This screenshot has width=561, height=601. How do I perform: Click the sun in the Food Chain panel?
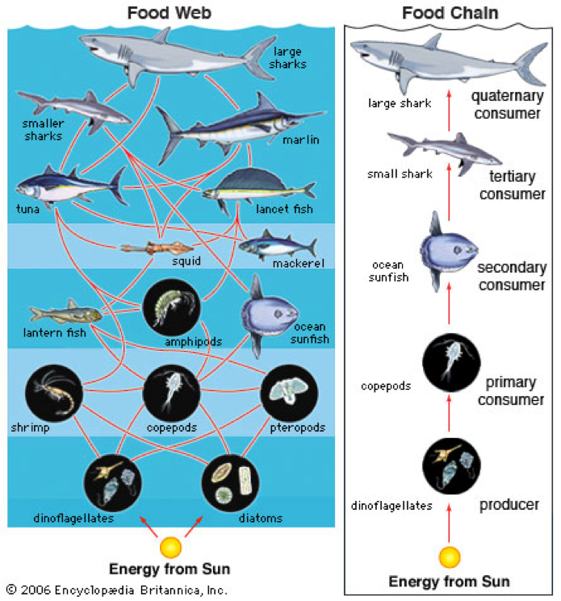(x=449, y=557)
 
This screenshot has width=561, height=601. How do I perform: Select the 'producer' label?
(x=509, y=505)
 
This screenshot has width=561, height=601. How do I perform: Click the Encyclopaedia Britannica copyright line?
(x=117, y=590)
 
